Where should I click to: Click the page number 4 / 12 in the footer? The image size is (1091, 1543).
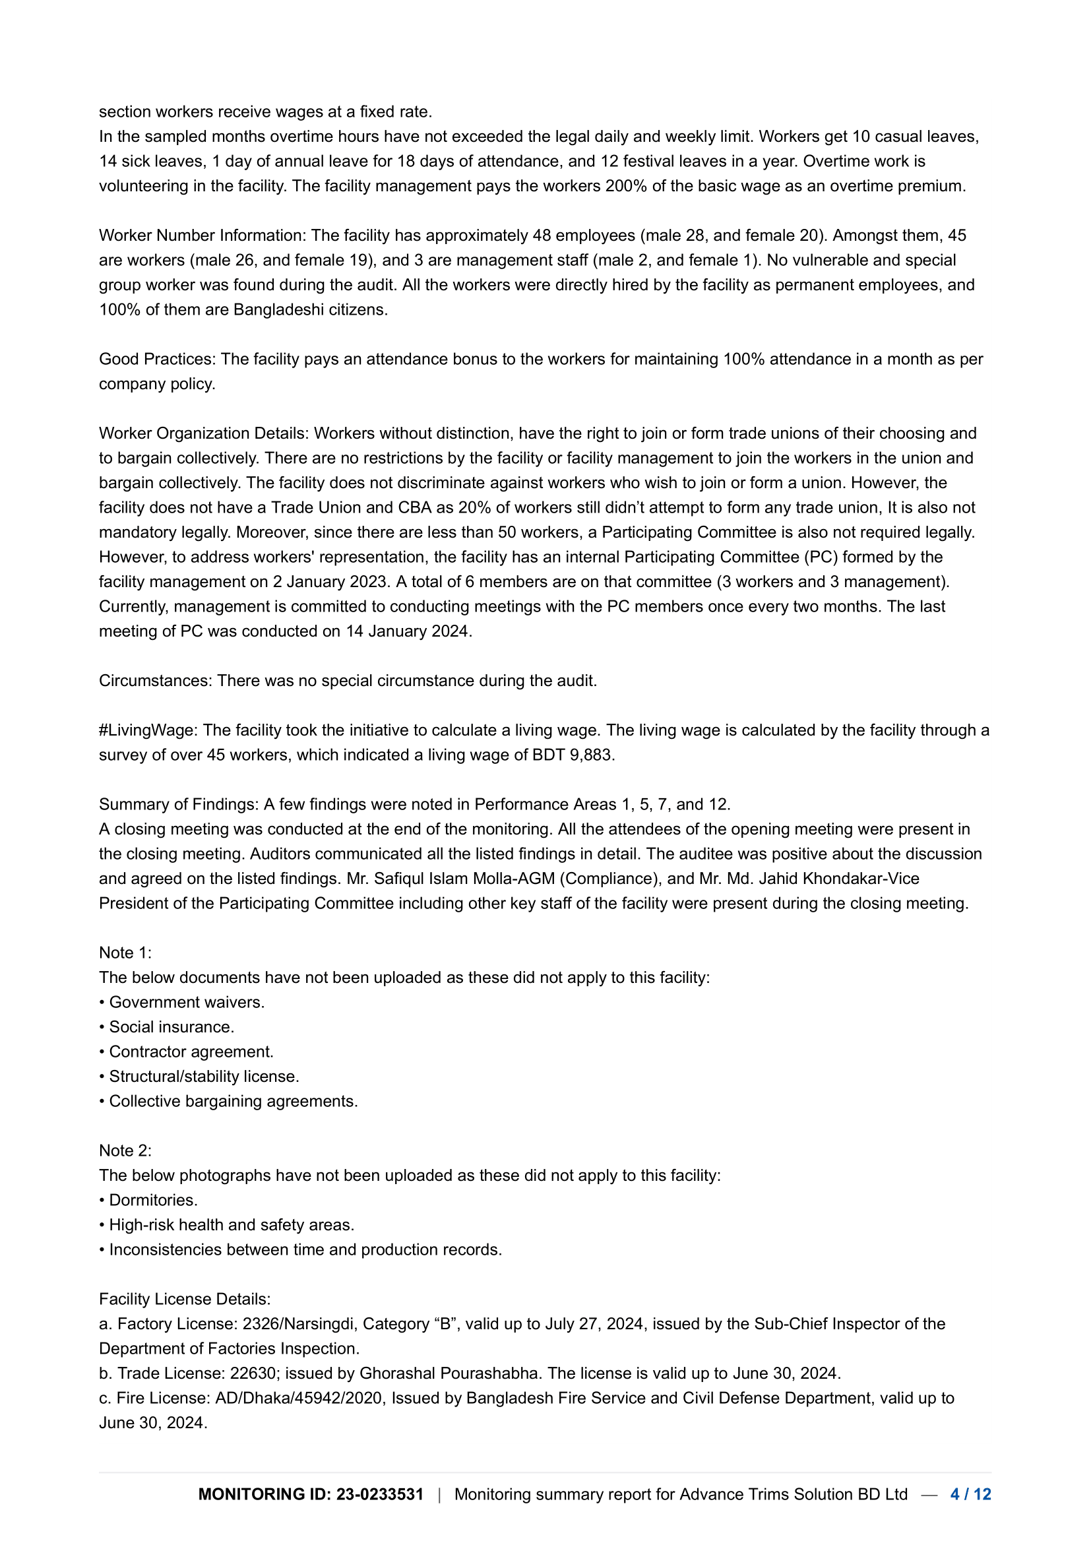pyautogui.click(x=970, y=1494)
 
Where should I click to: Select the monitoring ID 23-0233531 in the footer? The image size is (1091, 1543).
pyautogui.click(x=379, y=1494)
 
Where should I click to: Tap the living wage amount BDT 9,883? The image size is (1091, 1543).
pyautogui.click(x=573, y=755)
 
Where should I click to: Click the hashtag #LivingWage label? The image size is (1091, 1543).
pyautogui.click(x=148, y=730)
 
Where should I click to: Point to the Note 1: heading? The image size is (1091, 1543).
pyautogui.click(x=125, y=953)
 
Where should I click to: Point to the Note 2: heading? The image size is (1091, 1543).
pyautogui.click(x=125, y=1150)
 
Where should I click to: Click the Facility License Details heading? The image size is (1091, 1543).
pyautogui.click(x=185, y=1298)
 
